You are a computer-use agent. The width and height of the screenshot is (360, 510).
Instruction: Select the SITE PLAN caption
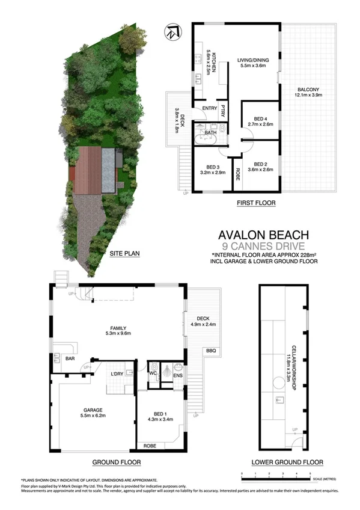(124, 254)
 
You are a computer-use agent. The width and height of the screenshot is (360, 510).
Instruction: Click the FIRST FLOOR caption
(256, 203)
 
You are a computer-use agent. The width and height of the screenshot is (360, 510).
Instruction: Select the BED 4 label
(260, 121)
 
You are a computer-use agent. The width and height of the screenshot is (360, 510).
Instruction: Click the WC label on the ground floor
(153, 373)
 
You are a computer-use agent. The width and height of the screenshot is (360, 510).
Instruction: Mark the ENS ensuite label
(178, 377)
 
